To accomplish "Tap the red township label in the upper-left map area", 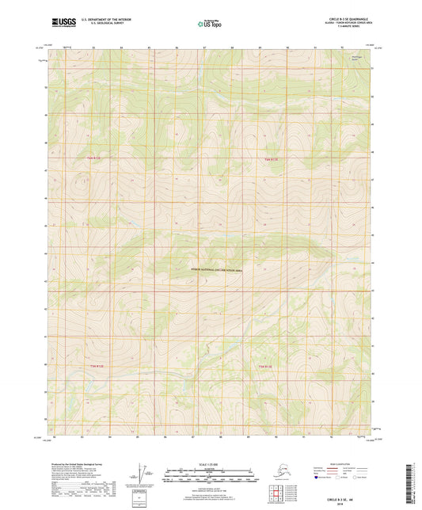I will (94, 158).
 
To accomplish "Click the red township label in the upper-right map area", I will (272, 158).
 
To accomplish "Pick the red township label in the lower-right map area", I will (272, 367).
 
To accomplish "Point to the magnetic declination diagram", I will (143, 474).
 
